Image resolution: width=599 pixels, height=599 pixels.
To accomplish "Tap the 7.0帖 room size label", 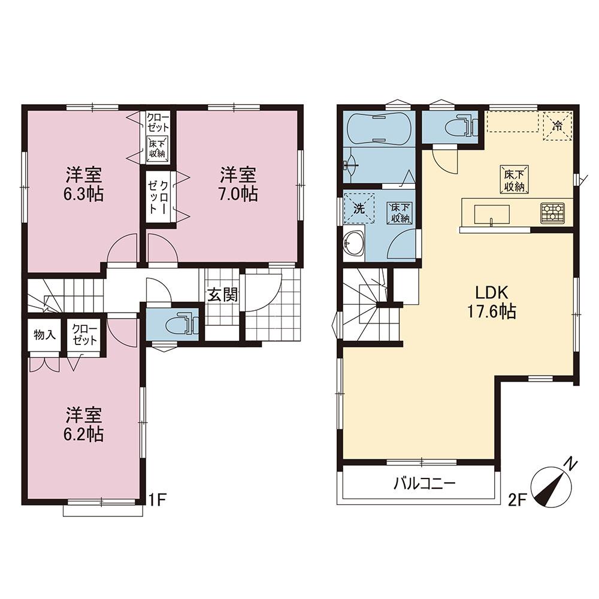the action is coord(238,195).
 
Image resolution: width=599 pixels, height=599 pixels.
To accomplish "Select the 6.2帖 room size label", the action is coord(84,434).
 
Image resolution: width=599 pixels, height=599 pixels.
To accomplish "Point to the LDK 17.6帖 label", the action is coord(492,302).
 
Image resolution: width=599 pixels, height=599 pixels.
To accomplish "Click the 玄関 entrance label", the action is coord(223,295).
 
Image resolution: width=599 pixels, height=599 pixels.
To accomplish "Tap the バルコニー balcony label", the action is coord(425,485).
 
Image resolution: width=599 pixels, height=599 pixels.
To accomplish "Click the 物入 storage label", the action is coord(45,335).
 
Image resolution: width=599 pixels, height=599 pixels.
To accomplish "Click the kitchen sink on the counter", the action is coord(492,214).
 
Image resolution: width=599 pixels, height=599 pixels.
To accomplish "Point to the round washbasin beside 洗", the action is coord(354,243).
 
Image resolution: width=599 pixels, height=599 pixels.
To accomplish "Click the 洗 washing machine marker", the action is coord(359,208).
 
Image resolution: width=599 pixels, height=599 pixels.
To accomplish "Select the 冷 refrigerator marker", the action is coord(558,125).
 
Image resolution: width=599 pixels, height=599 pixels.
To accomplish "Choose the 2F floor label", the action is coord(518,500).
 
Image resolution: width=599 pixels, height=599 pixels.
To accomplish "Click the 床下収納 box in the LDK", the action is coord(514,179).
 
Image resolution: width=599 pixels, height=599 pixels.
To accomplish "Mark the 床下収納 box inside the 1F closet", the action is coord(156,149).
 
